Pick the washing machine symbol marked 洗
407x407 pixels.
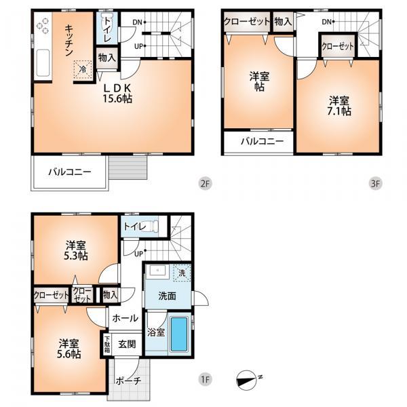(181, 273)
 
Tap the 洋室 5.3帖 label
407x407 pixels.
(77, 250)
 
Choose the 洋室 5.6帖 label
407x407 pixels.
(69, 349)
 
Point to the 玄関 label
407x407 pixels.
(128, 344)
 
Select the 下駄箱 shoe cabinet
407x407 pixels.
(106, 344)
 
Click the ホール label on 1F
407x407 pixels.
(125, 318)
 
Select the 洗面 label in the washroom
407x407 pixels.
(168, 296)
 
